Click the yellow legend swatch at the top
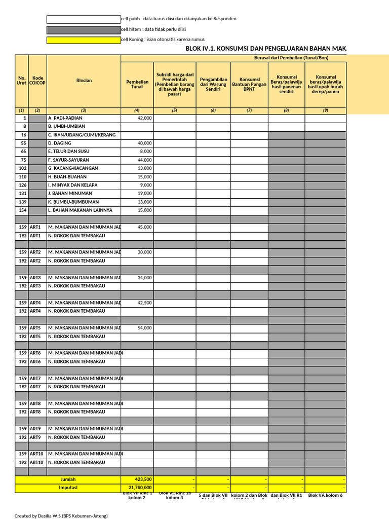tap(84, 40)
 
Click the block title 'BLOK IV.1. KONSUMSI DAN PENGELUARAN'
tap(266, 48)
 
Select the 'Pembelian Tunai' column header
tap(137, 84)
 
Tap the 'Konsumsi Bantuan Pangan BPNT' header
tap(249, 84)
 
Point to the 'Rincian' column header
tap(84, 81)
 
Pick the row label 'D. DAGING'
tap(60, 143)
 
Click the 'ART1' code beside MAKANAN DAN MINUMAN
tap(35, 227)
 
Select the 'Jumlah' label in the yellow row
tap(68, 479)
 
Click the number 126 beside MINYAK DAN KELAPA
tap(22, 185)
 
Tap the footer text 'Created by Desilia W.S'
tap(61, 515)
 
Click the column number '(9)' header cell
tap(325, 110)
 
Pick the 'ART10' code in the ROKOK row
tap(37, 462)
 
